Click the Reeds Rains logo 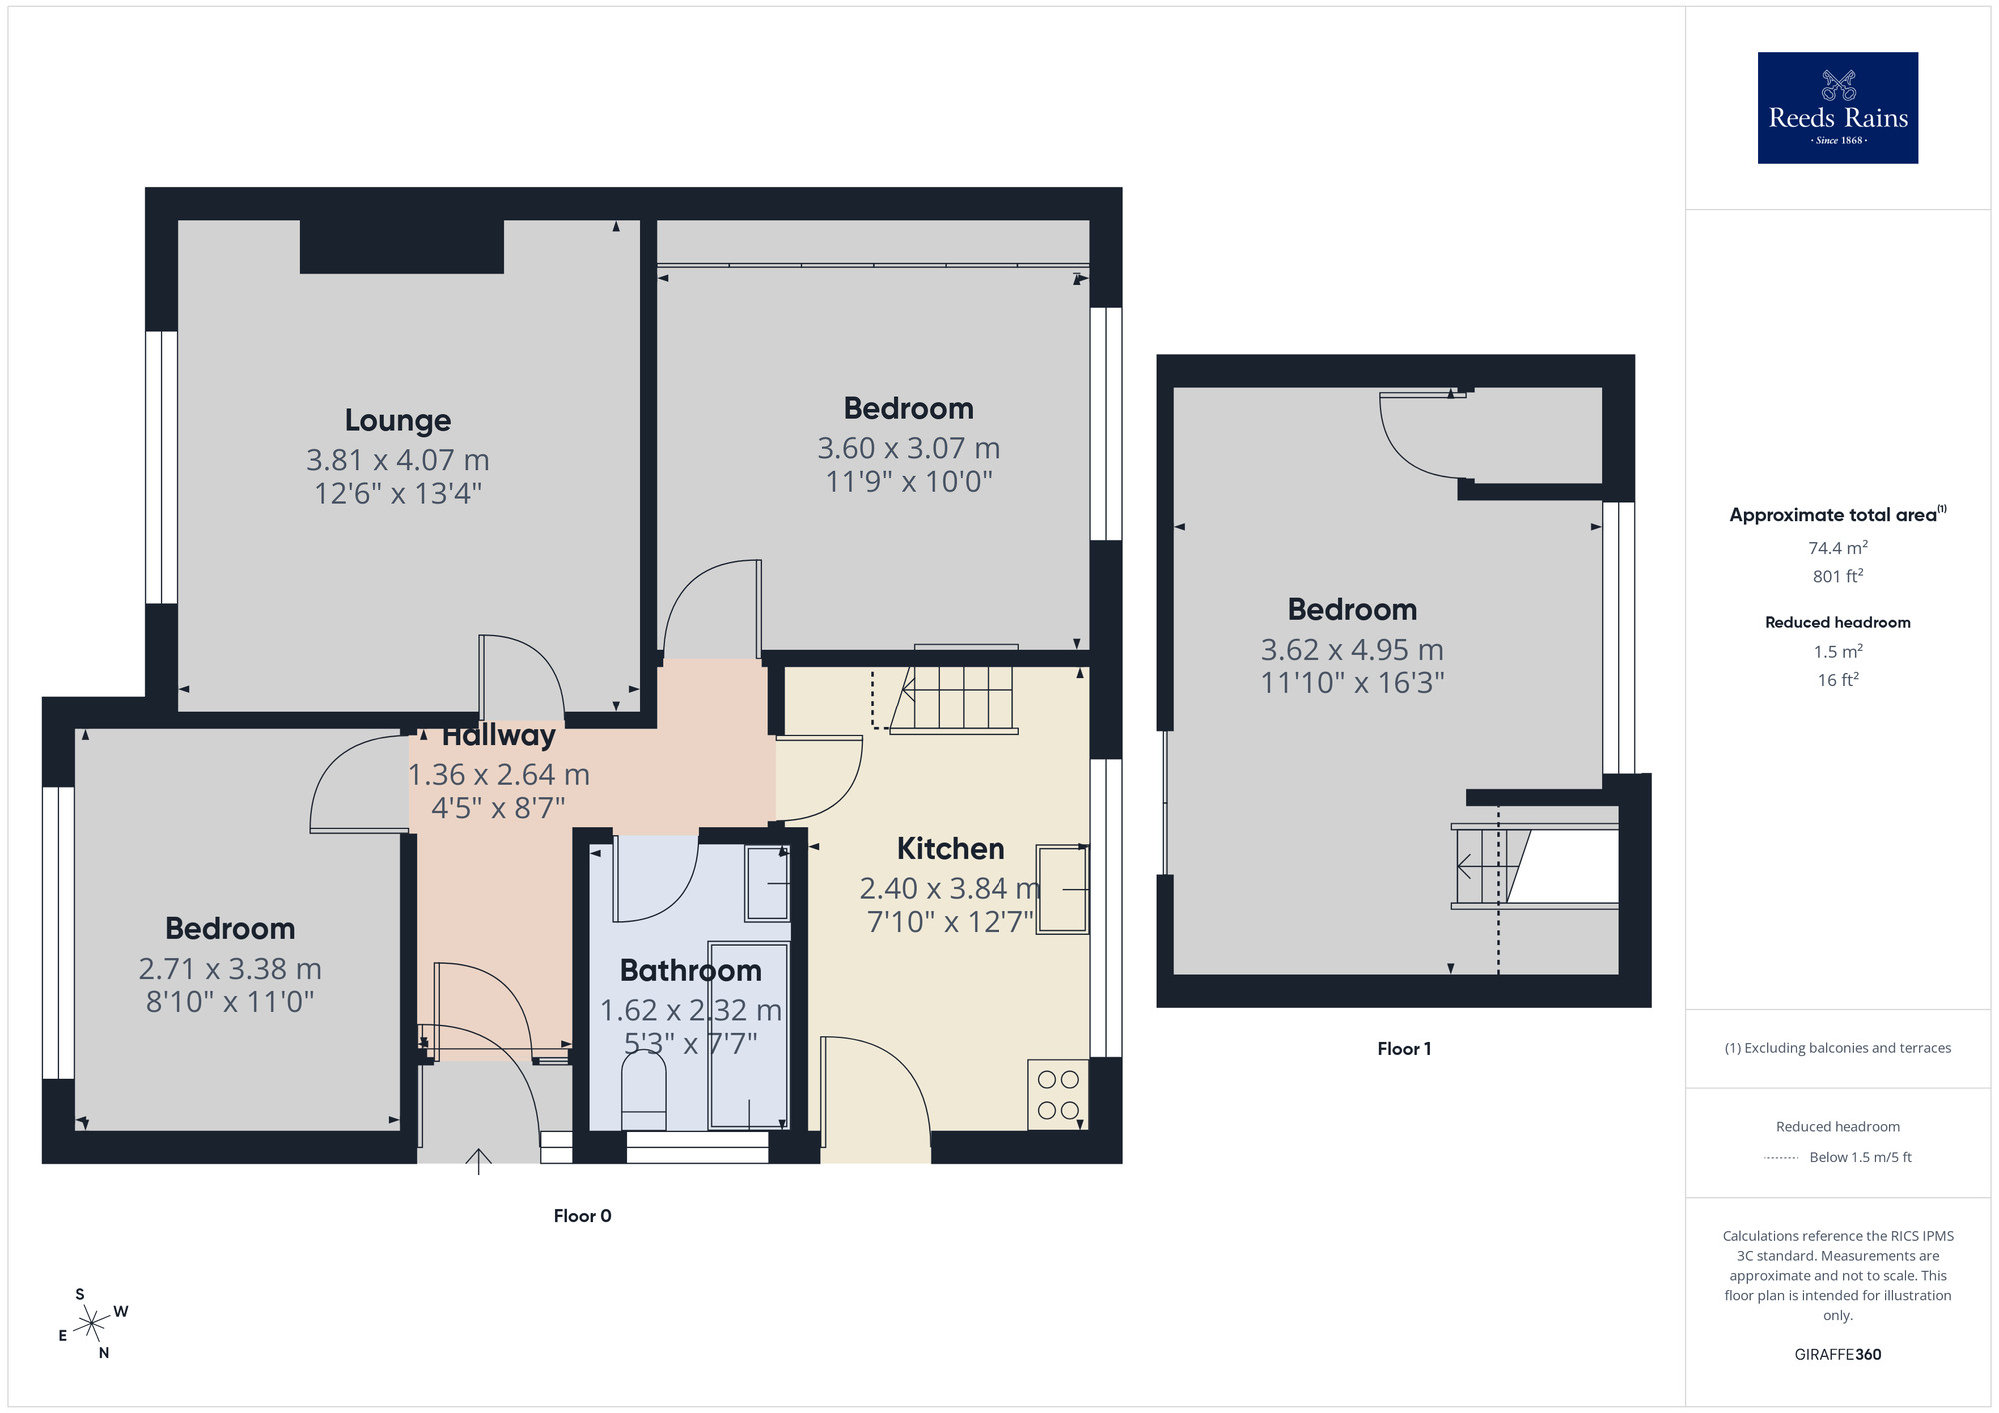1837,108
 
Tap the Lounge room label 398,420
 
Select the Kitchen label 950,849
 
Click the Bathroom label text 690,970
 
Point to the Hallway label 498,736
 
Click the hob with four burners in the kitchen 1058,1095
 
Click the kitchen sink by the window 1061,889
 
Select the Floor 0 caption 582,1216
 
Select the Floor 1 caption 1404,1049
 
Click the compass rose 92,1324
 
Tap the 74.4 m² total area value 1837,548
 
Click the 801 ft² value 1837,576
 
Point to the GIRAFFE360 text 1837,1355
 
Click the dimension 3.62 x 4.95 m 1352,650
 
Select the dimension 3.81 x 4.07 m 398,460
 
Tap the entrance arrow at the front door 479,1161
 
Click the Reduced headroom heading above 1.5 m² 1837,622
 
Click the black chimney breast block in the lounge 401,246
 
